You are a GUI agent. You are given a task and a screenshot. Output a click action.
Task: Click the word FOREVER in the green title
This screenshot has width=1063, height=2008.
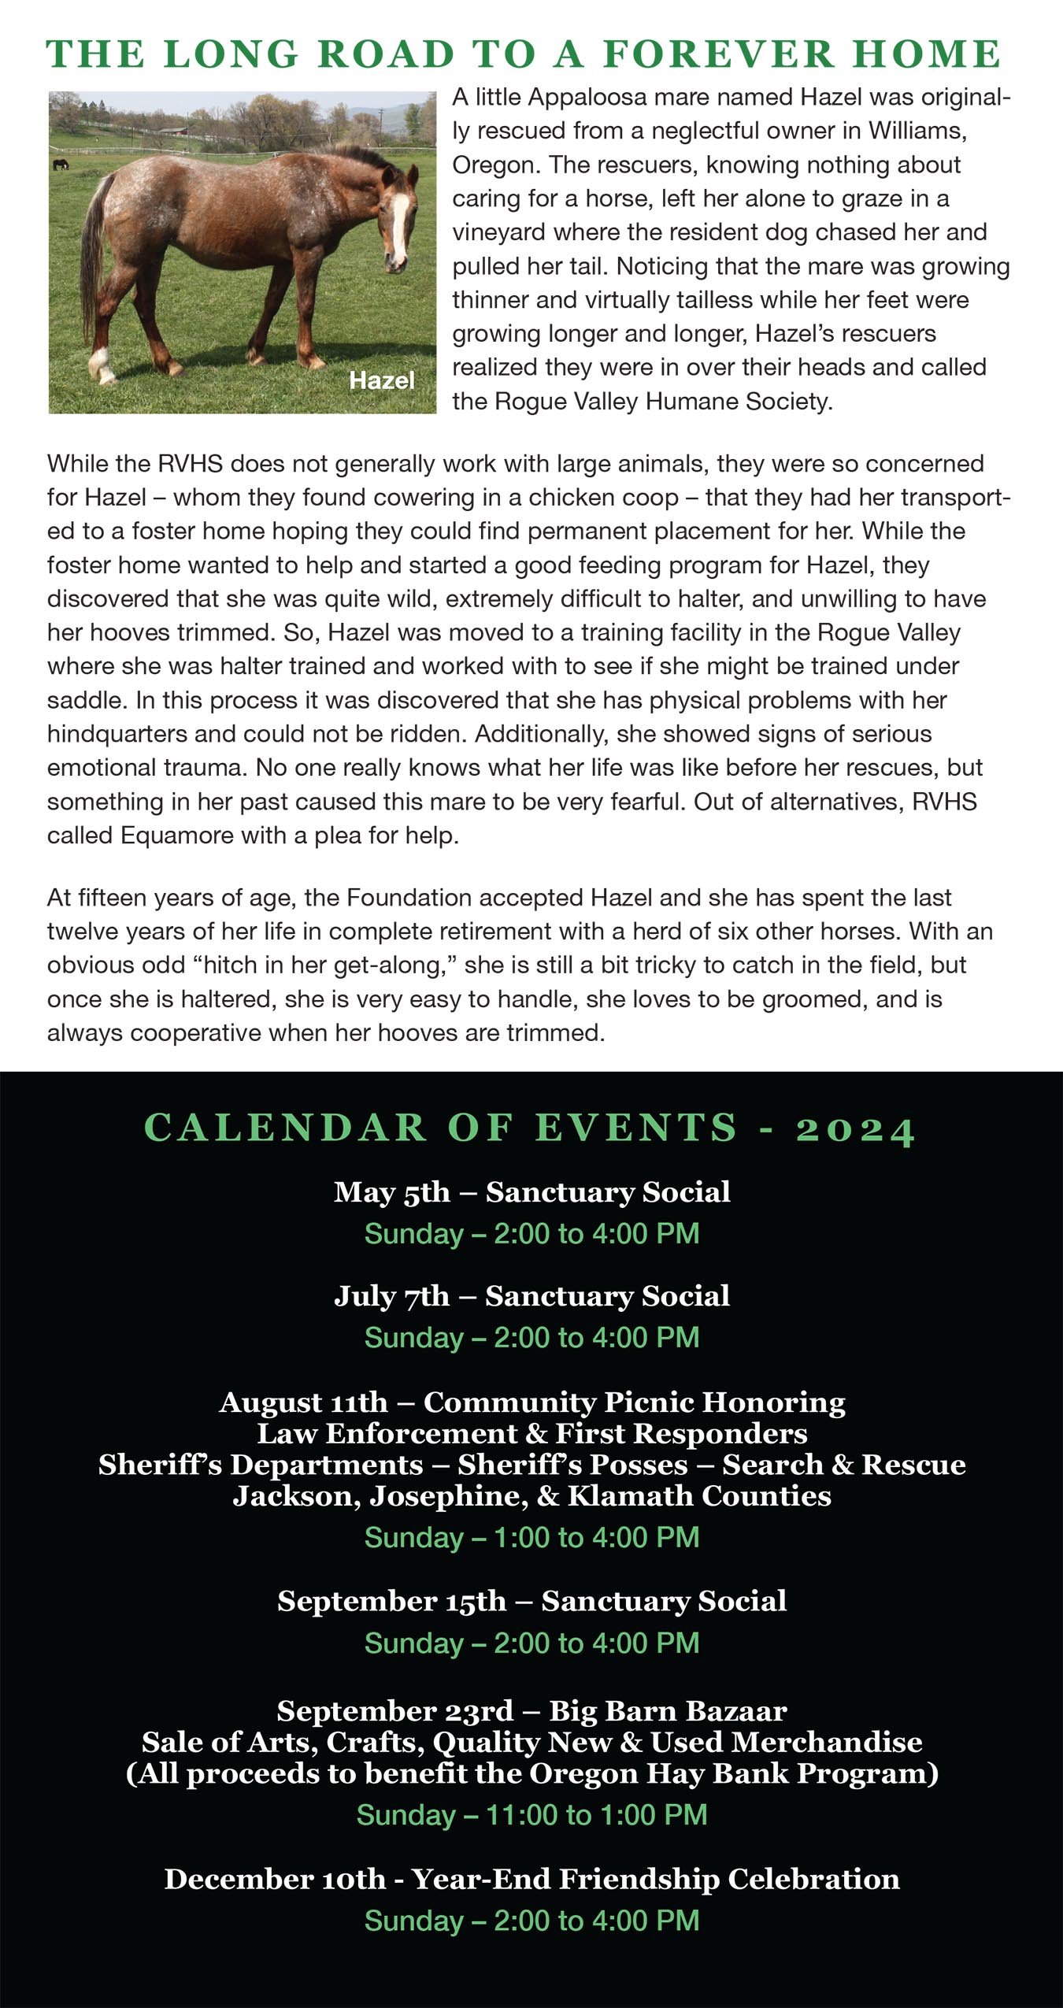click(717, 54)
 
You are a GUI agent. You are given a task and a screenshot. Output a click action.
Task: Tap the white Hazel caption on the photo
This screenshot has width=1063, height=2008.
click(381, 381)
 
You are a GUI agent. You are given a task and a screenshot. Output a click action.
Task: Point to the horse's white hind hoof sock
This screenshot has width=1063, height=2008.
click(100, 364)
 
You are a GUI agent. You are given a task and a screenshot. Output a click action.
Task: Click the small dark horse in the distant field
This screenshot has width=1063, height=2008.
click(60, 165)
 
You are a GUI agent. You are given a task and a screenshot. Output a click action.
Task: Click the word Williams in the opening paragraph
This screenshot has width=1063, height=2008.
click(916, 131)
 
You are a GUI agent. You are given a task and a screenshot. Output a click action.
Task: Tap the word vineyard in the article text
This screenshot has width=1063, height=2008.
click(499, 232)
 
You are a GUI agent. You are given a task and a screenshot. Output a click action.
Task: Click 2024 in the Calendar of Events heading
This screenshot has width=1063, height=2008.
click(855, 1129)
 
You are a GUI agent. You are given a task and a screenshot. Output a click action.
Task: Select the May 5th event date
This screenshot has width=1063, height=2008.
click(391, 1192)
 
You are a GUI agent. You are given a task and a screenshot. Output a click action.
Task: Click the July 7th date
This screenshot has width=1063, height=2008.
click(391, 1296)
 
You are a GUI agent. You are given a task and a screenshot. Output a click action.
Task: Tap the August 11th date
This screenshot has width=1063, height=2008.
click(304, 1402)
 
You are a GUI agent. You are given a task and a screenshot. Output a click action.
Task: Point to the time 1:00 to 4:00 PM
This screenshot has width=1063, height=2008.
click(596, 1537)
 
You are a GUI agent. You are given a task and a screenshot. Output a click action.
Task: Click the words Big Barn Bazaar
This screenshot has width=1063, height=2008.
click(668, 1711)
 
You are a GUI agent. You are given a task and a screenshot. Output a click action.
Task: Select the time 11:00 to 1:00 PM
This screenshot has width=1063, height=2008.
click(596, 1815)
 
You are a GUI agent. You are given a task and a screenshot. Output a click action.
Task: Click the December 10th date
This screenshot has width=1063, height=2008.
click(275, 1880)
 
